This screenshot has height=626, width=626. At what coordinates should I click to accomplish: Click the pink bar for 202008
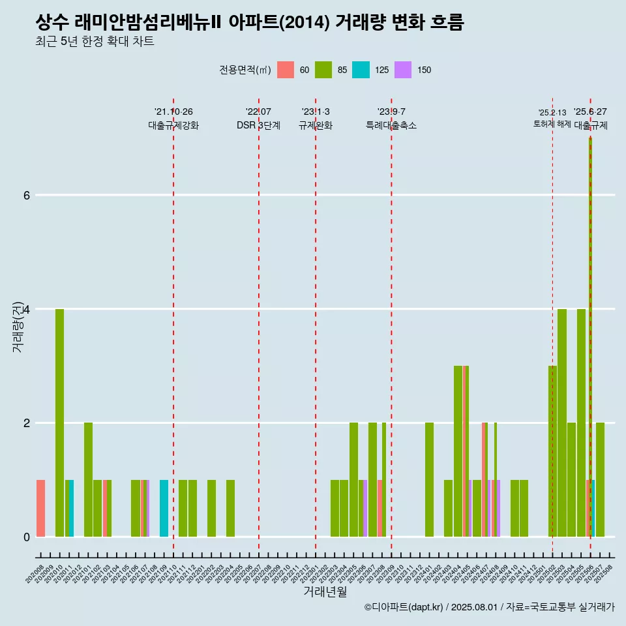point(40,508)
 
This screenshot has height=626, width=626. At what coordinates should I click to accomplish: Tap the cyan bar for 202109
point(164,508)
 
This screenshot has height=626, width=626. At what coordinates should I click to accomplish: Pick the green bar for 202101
point(88,479)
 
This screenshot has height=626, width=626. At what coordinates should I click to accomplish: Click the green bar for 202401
point(429,479)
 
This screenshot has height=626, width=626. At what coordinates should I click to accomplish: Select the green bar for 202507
point(600,479)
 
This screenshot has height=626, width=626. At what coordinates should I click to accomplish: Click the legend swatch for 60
point(286,70)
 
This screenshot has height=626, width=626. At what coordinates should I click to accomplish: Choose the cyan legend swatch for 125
point(361,70)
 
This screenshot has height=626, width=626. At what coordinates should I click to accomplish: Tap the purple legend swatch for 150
point(403,70)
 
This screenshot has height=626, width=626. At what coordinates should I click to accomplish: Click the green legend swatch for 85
point(323,70)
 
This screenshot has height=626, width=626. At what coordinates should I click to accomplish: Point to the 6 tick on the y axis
point(26,195)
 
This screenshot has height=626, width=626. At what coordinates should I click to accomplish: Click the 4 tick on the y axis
point(26,309)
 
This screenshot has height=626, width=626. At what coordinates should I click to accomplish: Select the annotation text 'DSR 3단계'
point(258,126)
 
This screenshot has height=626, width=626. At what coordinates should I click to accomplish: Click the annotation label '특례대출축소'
point(391,126)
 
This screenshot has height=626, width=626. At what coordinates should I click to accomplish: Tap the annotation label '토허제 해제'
point(552,124)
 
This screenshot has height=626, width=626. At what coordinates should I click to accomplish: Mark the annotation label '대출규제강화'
point(173,126)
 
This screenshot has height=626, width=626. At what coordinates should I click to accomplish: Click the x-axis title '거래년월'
point(325,591)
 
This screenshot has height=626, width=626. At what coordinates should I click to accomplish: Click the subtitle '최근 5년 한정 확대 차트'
point(95,42)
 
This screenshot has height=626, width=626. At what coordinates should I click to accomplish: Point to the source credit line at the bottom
point(489,607)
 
